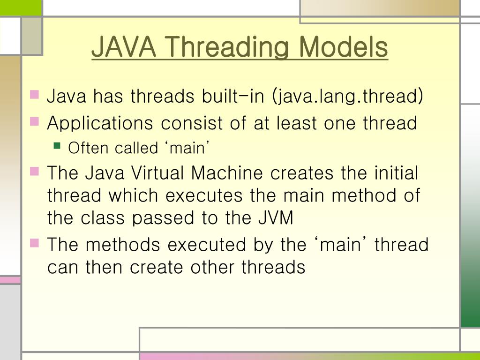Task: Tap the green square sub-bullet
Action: pyautogui.click(x=57, y=146)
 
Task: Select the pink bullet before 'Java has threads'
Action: pyautogui.click(x=34, y=95)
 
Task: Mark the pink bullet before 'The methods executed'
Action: pyautogui.click(x=34, y=242)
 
